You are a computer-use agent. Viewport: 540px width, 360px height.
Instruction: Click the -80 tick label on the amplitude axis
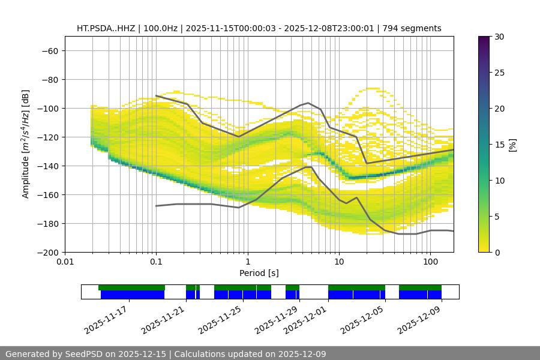(49, 79)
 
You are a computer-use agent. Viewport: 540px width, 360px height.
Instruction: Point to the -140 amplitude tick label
(47, 166)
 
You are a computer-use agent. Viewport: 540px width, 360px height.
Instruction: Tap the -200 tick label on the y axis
(47, 252)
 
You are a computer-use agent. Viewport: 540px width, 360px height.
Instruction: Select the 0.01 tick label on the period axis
(65, 262)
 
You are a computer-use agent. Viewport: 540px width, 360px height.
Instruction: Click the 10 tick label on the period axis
(339, 262)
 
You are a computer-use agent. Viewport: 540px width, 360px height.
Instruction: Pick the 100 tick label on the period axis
(430, 262)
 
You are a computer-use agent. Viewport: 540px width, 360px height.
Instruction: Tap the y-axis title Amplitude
(25, 144)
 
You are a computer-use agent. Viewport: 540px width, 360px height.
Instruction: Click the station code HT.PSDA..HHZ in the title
(106, 28)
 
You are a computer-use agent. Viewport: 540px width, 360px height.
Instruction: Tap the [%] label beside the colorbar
(512, 145)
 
